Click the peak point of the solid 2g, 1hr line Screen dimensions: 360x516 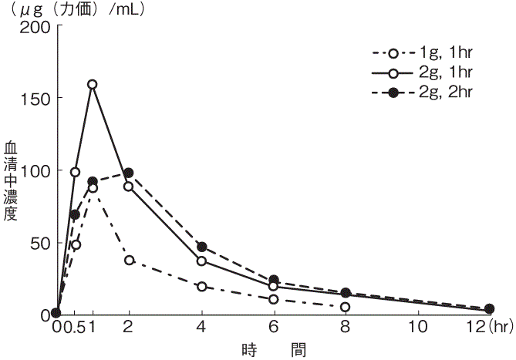[x=93, y=84]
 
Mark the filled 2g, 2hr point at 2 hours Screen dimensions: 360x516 [x=129, y=173]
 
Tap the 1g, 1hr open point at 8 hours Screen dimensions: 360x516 [x=345, y=307]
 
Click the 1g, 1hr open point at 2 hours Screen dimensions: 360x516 [x=129, y=260]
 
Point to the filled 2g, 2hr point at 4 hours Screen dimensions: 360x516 [x=201, y=247]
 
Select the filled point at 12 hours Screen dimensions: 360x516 [x=489, y=309]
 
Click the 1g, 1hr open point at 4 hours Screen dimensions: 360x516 [x=201, y=287]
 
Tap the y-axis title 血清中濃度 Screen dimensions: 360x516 [x=10, y=180]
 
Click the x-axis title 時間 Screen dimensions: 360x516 [x=273, y=349]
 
